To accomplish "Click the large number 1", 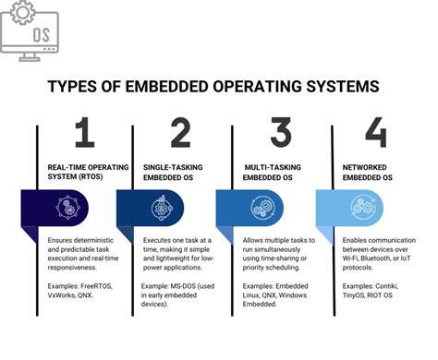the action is (x=85, y=135).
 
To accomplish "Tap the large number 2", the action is (x=181, y=135).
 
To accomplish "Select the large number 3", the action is (x=280, y=135).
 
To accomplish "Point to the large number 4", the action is (x=376, y=135).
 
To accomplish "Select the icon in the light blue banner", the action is (x=361, y=206).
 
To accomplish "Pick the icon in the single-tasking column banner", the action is (x=167, y=206).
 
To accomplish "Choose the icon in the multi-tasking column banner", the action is (x=264, y=206).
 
